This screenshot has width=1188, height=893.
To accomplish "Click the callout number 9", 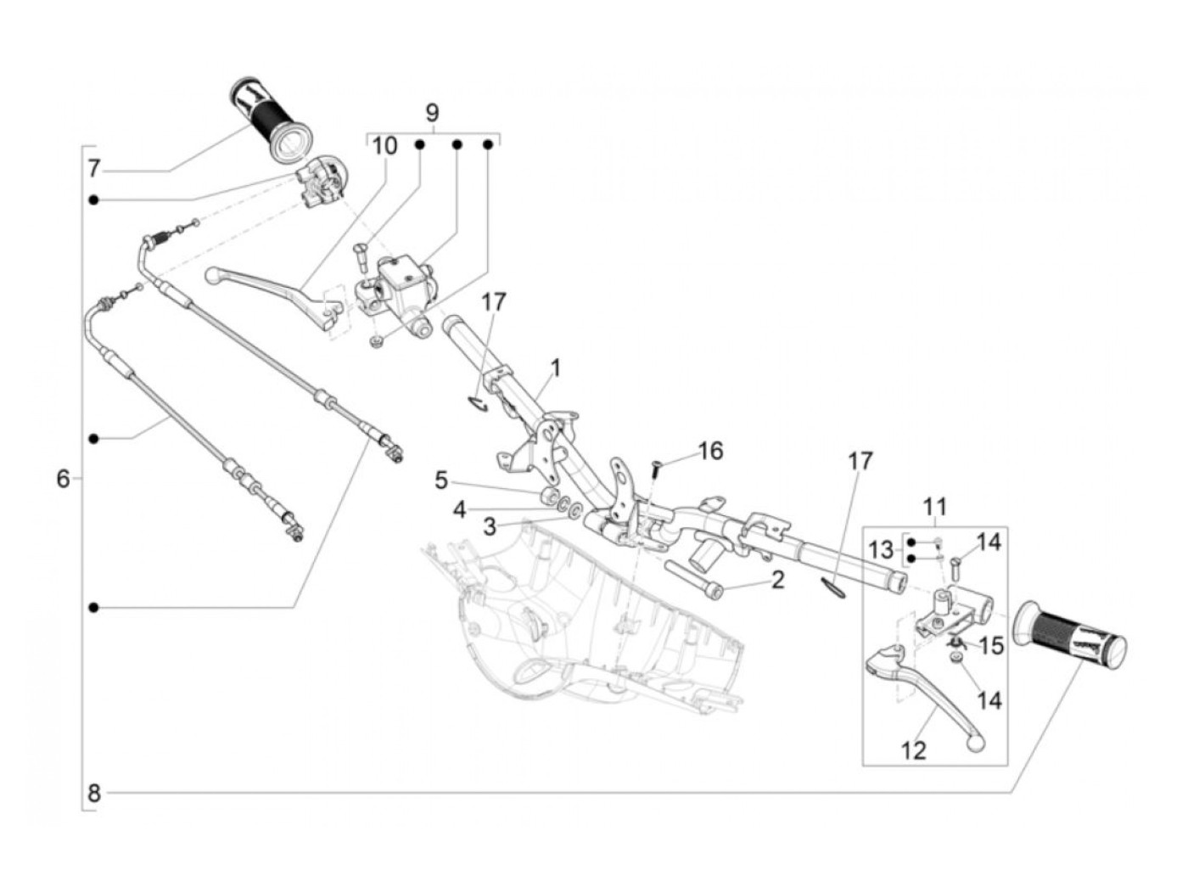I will (432, 112).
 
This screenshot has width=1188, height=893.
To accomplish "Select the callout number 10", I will (384, 146).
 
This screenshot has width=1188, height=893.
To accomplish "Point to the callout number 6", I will (64, 479).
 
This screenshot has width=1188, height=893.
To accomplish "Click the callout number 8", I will (94, 794).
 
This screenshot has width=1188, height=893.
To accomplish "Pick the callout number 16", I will (710, 451).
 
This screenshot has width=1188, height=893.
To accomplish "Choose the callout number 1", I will (555, 368).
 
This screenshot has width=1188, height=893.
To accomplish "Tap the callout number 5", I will (441, 480).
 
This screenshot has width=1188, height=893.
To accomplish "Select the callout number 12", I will (914, 750).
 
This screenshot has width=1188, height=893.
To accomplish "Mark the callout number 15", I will (991, 646).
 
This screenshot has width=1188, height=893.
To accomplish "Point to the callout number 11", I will (933, 507).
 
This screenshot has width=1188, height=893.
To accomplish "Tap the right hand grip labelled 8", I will (1073, 636).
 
